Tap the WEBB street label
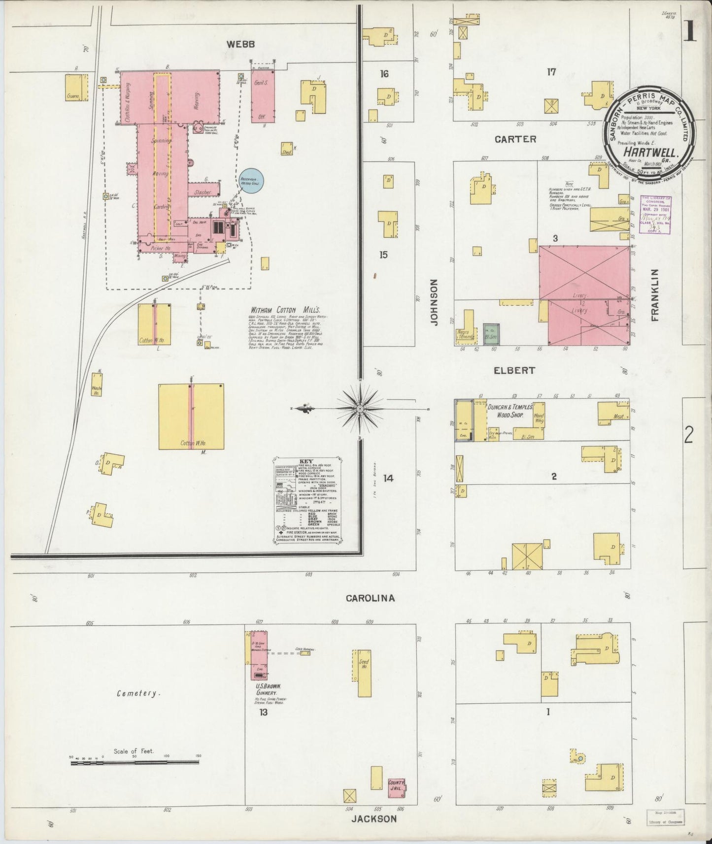[240, 44]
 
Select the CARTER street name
[515, 139]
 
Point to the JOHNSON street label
[434, 302]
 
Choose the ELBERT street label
[514, 370]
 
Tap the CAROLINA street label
[370, 598]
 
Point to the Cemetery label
[138, 693]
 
